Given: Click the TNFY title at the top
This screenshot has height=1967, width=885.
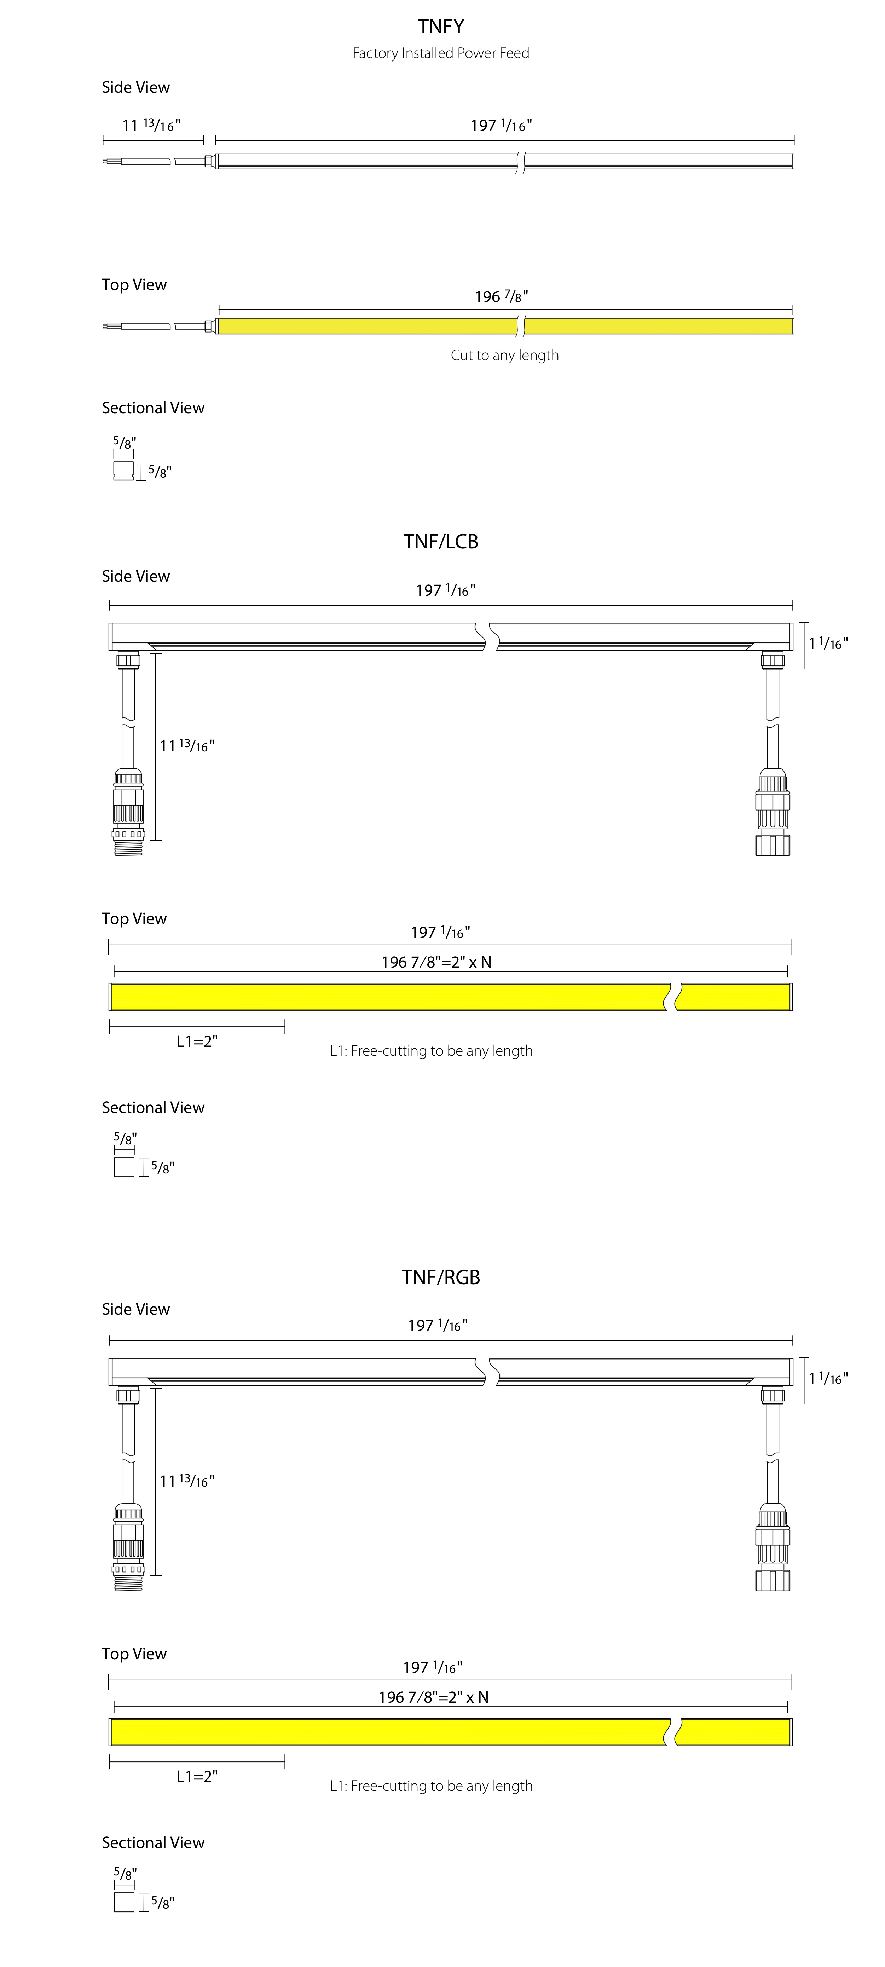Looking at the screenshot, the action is [441, 27].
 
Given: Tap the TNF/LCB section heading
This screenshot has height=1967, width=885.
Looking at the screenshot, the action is [441, 541].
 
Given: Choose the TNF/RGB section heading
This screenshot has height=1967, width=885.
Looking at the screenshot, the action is [441, 1277].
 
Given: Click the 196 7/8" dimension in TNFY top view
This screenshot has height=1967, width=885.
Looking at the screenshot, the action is [501, 296].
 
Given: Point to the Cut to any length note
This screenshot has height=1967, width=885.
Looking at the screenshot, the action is [505, 355].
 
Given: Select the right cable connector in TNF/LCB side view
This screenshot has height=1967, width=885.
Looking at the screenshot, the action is [773, 812].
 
